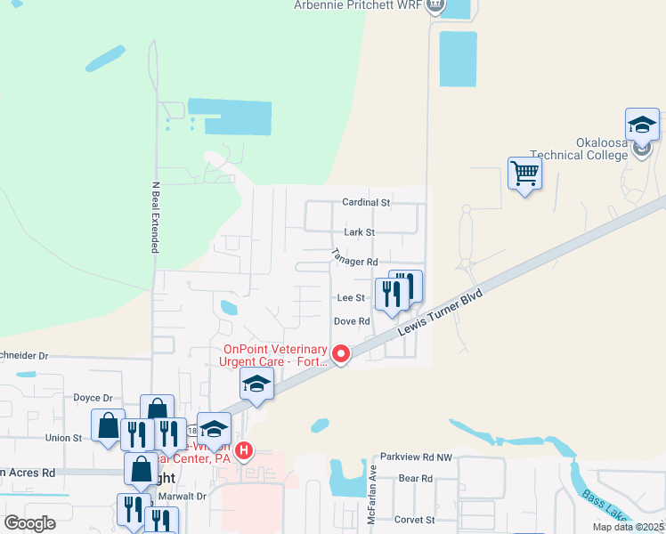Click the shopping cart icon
pos(525,173)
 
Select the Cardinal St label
pos(367,203)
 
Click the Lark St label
pos(359,232)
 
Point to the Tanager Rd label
pos(355,262)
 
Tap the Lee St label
pos(350,297)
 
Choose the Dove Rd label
pos(351,321)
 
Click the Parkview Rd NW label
pos(416,457)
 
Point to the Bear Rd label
pos(415,479)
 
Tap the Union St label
pos(64,438)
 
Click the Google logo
pos(29,522)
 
